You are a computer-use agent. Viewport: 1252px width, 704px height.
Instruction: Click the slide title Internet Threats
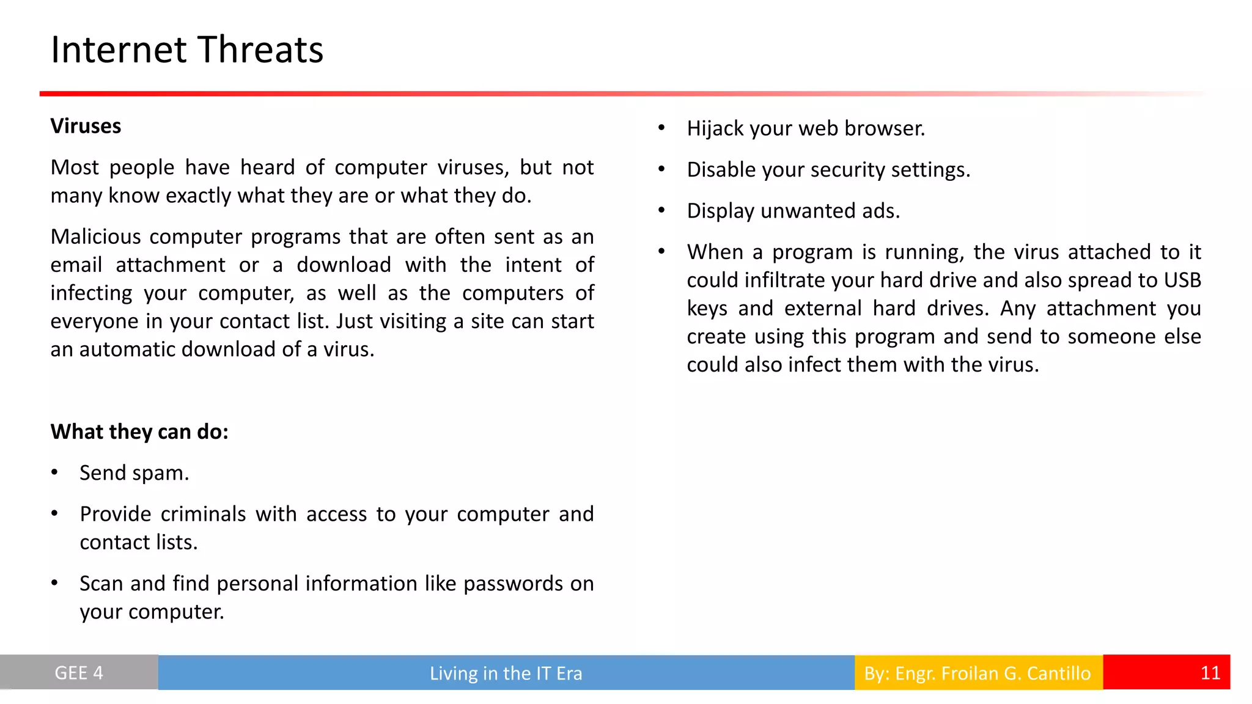(x=186, y=50)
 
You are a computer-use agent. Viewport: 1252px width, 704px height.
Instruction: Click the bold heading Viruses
(x=86, y=127)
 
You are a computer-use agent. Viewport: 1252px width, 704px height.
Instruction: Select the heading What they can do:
(x=139, y=432)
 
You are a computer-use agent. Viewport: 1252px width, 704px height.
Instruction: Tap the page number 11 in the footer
(x=1210, y=673)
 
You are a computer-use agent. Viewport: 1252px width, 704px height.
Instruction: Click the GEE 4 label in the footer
(x=79, y=673)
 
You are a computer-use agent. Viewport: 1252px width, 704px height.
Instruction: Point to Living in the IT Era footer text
(x=506, y=673)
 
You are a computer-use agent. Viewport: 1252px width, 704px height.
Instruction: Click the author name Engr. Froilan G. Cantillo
(x=992, y=673)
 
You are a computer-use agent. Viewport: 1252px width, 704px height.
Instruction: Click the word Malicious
(x=94, y=237)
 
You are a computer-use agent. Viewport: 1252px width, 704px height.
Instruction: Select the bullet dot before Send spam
(x=54, y=472)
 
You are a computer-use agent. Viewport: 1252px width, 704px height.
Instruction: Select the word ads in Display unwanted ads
(x=880, y=211)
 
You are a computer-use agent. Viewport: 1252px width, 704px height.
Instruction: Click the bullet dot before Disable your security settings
(x=661, y=169)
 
